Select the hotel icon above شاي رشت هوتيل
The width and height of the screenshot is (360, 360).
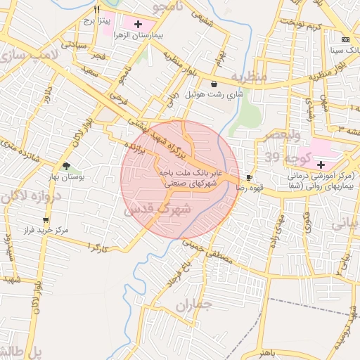click(x=214, y=84)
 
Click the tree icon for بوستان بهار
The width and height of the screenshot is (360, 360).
click(x=66, y=166)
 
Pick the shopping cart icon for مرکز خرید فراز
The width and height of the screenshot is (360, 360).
click(x=46, y=220)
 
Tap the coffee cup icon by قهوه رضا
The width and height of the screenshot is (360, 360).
click(x=249, y=177)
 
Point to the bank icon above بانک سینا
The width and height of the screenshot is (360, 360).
click(x=345, y=39)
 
